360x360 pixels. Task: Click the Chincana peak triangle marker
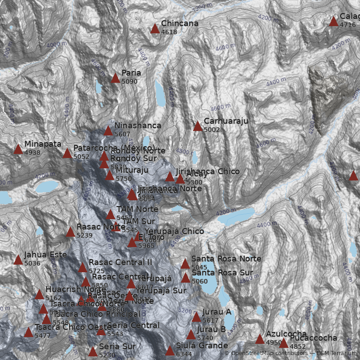155,29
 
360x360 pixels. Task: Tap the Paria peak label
131,73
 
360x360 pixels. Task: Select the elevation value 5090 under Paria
129,82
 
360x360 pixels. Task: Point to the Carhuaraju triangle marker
198,126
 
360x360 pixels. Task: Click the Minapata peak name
43,144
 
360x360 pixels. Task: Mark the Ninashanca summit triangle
108,131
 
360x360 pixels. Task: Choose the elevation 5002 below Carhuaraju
212,130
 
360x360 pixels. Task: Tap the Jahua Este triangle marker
18,260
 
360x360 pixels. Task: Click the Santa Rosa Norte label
226,259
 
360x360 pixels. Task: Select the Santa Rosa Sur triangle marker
185,278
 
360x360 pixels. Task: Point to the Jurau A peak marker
196,317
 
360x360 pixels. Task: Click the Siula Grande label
202,346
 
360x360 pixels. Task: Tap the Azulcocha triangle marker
260,339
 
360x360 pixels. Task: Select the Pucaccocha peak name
313,338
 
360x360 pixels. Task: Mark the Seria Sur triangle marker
93,351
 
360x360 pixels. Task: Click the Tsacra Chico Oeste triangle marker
28,333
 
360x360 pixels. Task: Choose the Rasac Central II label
120,262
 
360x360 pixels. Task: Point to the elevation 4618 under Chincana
169,32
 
